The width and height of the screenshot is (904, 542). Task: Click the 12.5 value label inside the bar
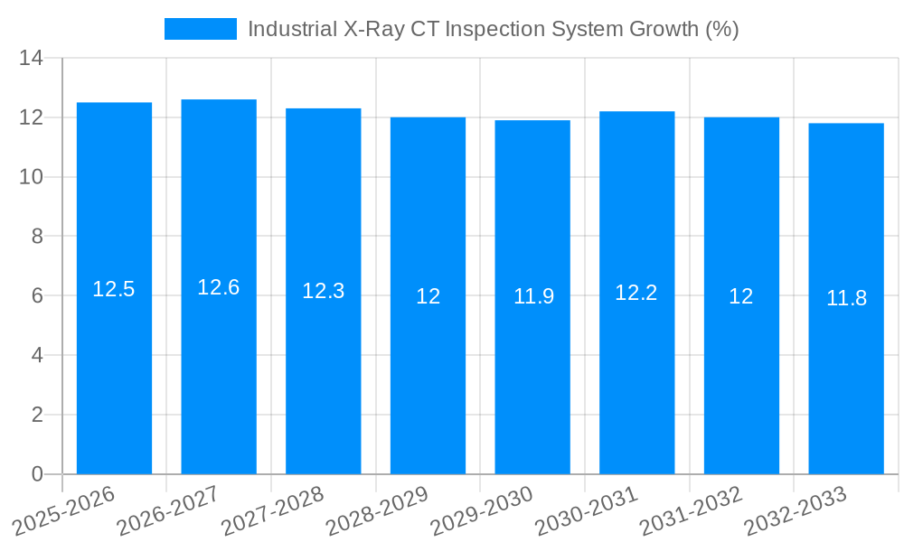[114, 289]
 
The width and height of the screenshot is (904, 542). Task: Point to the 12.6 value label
[219, 287]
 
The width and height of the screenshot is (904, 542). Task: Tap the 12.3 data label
[323, 291]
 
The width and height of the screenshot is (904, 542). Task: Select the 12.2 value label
[636, 293]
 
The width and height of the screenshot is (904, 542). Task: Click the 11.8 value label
[846, 298]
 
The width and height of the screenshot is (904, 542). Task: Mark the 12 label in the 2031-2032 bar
[741, 296]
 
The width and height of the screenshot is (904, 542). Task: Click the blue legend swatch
[200, 29]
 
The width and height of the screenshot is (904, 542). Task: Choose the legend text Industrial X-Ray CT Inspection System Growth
[494, 29]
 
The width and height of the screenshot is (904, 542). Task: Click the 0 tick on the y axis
[37, 474]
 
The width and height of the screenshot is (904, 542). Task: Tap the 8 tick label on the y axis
[37, 237]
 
